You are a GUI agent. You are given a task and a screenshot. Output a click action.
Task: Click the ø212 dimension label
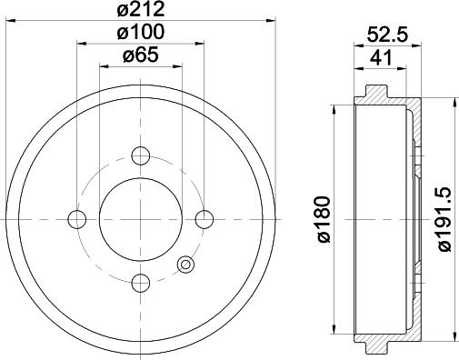141,9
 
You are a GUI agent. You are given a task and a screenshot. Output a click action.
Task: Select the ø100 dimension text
141,32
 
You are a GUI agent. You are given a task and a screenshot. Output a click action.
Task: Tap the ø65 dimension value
141,55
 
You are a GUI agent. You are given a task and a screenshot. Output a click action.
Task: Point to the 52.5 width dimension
387,35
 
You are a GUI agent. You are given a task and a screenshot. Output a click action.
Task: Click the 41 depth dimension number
381,57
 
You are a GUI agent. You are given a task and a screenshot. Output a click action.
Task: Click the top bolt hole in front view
141,155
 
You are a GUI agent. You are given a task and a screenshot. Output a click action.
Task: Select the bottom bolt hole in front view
141,283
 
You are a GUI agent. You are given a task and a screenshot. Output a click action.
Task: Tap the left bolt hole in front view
77,219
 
